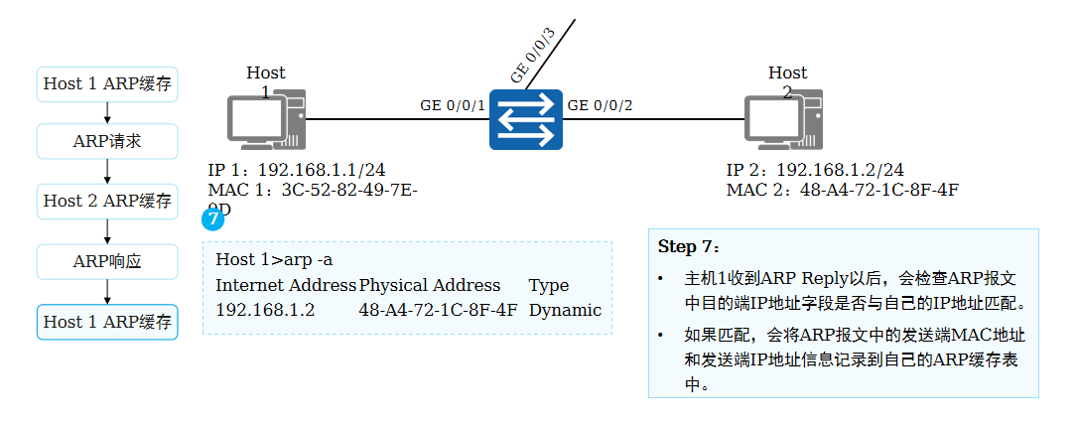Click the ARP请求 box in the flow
pos(107,141)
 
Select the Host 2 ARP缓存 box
pos(107,201)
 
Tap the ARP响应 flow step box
pos(107,262)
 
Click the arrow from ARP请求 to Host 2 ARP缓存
pos(107,171)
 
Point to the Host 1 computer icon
pos(266,119)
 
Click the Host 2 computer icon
pos(784,119)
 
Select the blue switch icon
pos(526,119)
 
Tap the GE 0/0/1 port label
pos(453,105)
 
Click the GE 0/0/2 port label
pos(599,105)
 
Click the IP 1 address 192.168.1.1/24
pos(296,170)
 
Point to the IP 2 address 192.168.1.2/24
pos(815,170)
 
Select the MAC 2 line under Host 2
pos(843,190)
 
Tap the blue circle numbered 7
pos(212,218)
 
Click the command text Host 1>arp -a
pos(274,260)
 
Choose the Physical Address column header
pos(430,285)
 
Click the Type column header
pos(549,285)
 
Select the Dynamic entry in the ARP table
pos(565,310)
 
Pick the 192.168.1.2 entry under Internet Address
pos(265,310)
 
